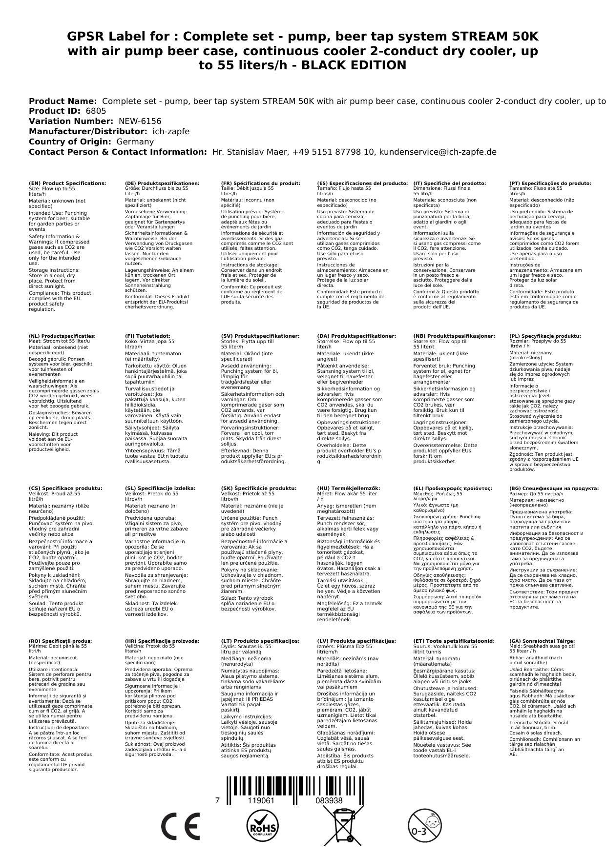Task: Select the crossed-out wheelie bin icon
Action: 343,825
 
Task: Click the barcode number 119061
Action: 261,800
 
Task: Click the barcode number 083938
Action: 329,800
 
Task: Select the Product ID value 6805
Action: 96,111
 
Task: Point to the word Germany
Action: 135,142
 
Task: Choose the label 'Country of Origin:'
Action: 70,142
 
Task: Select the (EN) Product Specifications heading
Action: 67,183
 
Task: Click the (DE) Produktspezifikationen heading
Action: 162,183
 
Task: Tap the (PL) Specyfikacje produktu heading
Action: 545,336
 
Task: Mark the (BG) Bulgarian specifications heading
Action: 554,488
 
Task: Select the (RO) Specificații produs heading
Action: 60,641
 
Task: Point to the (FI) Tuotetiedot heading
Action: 147,336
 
